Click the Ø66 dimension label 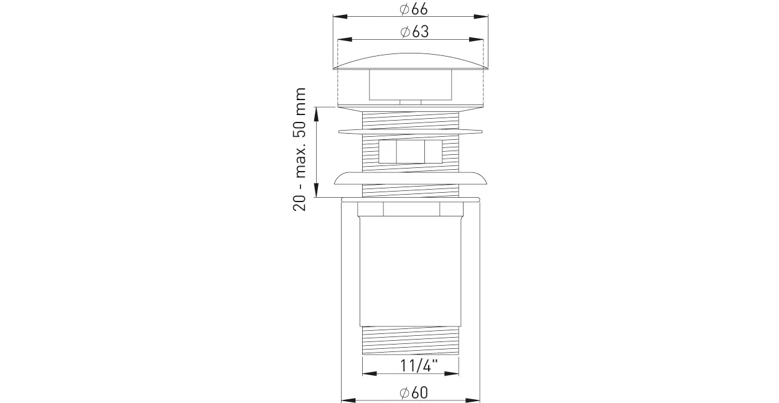414,9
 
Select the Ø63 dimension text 414,32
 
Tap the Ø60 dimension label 414,393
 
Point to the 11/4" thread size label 419,366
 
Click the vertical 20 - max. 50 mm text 299,149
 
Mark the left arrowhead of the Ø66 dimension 340,17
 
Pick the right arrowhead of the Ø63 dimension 476,40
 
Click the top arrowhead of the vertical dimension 316,114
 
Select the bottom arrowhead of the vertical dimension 316,190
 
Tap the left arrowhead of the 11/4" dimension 370,373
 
